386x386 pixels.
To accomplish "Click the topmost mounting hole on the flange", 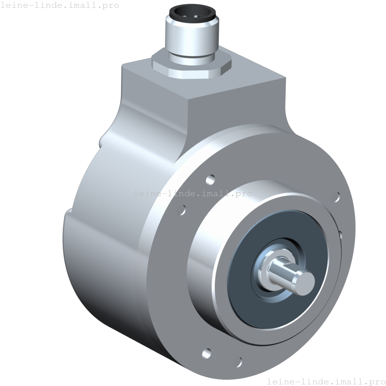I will tap(210, 179).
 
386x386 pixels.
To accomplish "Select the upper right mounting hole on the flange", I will tap(336, 197).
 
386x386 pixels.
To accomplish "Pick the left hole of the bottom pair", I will tap(206, 353).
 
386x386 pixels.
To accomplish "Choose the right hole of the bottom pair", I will tap(238, 361).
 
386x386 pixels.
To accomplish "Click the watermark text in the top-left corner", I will tap(59, 6).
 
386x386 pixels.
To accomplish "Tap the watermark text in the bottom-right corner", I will tap(326, 381).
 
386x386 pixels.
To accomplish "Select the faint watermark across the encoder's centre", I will tap(193, 193).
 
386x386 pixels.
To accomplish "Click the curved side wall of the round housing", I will tap(105, 261).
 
